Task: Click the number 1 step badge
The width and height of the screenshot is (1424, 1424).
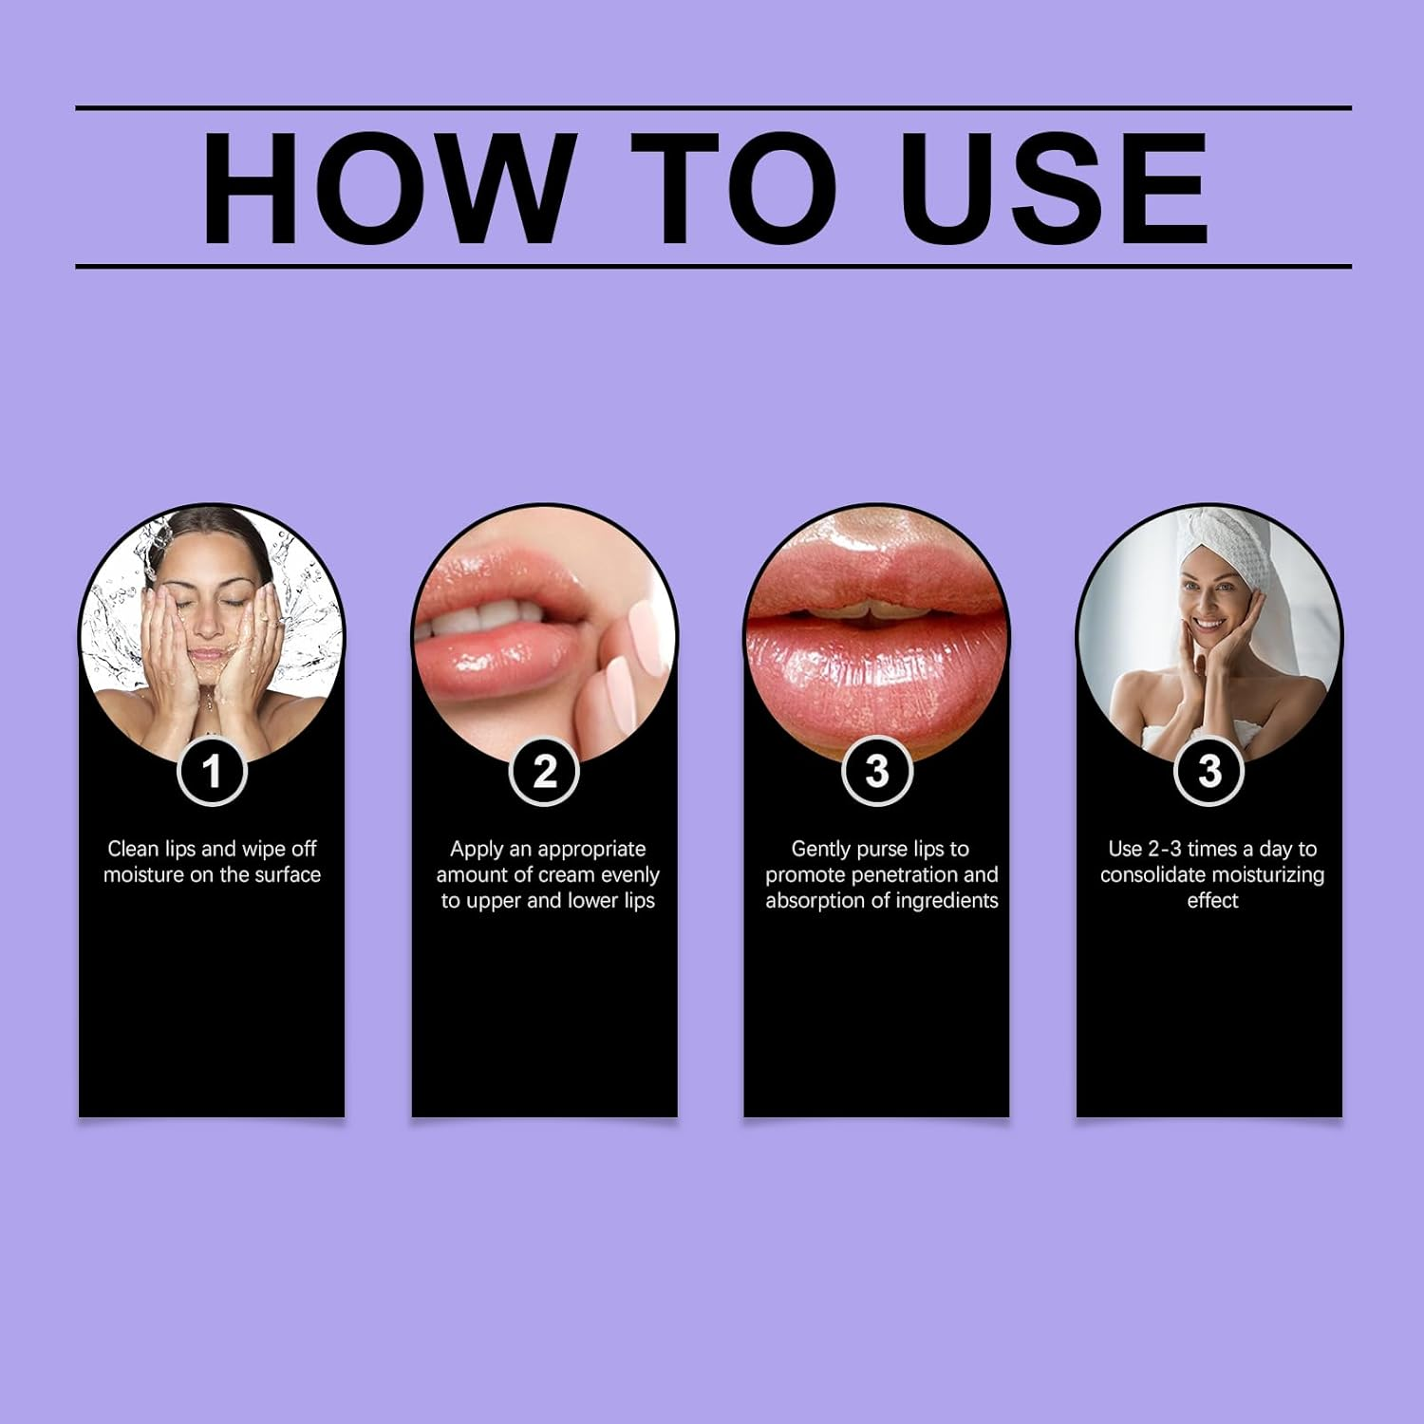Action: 212,771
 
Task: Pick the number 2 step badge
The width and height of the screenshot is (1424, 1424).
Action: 544,771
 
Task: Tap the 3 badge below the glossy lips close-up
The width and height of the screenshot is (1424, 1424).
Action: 876,771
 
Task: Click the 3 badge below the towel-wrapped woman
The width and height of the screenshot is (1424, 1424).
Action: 1209,771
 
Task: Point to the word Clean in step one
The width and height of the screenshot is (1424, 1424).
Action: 133,849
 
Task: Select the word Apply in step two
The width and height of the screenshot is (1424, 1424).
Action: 477,849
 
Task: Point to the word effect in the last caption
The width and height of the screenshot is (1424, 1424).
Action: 1212,900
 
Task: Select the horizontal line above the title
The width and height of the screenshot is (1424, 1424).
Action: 713,108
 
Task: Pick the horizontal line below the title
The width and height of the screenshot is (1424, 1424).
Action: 713,267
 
